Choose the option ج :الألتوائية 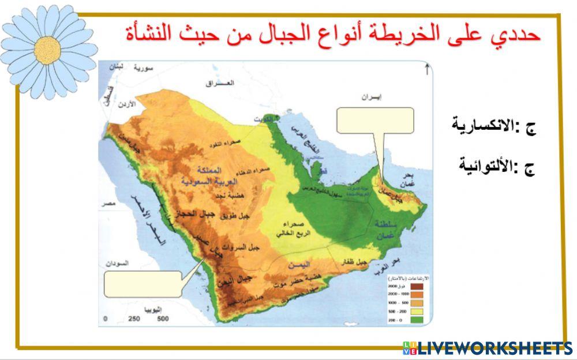click(497, 167)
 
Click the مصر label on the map click(107, 204)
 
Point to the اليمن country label click(301, 265)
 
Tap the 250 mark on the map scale click(134, 319)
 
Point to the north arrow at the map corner click(426, 70)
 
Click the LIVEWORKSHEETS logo click(488, 347)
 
